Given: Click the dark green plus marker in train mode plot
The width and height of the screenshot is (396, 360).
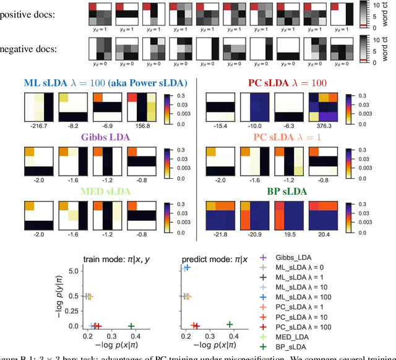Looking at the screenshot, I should (x=131, y=325).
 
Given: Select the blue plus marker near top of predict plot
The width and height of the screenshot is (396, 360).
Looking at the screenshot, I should (x=186, y=268).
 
